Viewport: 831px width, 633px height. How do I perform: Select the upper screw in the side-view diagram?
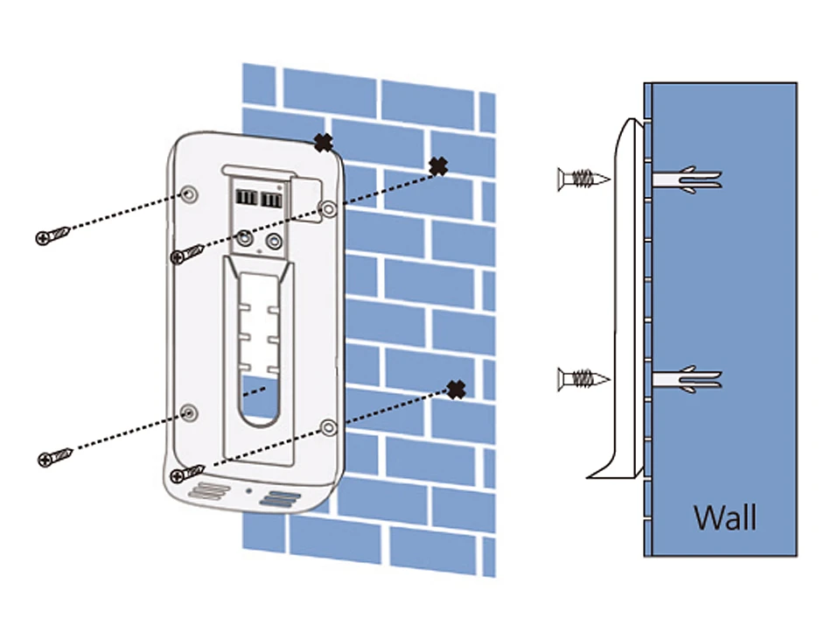(x=581, y=180)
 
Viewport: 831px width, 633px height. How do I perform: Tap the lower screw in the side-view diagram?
(x=581, y=379)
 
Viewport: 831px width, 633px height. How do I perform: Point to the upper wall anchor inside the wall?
(x=688, y=179)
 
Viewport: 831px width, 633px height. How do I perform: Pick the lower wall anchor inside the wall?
(x=688, y=379)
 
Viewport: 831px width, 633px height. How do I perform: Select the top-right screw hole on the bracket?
(x=327, y=208)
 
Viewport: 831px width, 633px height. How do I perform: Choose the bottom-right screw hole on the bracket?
(x=327, y=428)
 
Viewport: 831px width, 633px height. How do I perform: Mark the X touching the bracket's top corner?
(x=324, y=141)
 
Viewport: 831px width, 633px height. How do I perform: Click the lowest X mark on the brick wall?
(x=456, y=390)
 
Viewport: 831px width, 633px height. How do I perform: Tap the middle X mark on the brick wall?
(x=438, y=165)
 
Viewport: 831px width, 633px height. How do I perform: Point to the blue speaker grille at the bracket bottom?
(x=280, y=499)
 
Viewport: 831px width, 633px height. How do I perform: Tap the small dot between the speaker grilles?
(x=248, y=490)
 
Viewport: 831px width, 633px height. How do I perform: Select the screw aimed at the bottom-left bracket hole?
(x=53, y=457)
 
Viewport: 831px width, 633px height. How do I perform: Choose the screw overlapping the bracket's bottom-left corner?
(x=187, y=474)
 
